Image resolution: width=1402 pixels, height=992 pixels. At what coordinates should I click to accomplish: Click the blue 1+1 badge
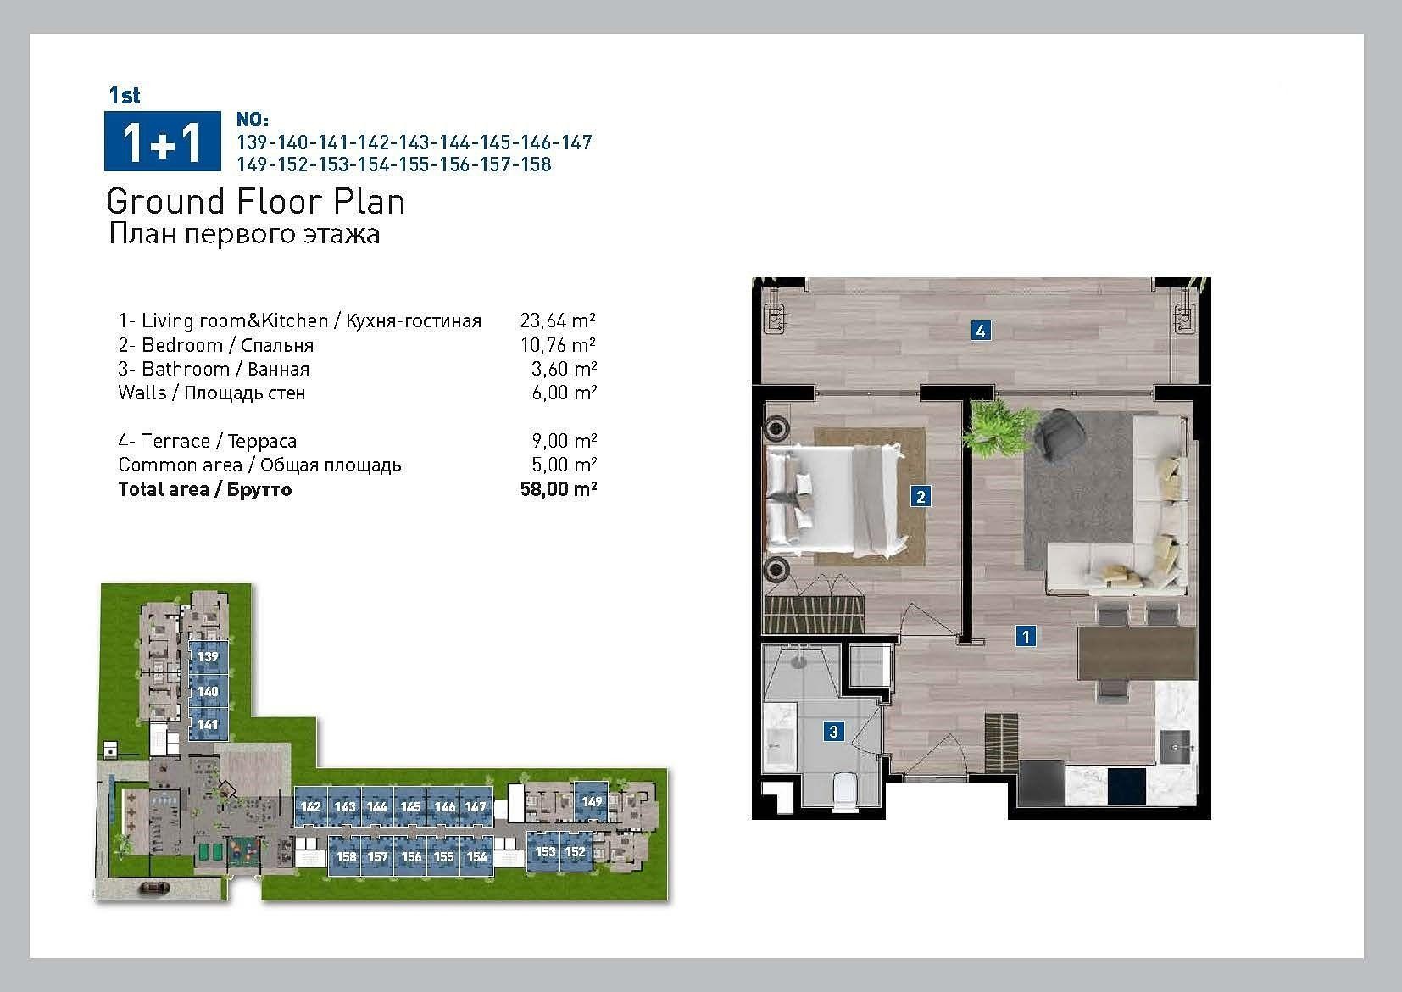pos(162,141)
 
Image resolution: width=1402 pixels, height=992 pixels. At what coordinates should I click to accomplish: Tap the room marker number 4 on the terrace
pos(980,330)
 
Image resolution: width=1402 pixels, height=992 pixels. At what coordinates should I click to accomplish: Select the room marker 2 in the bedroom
pos(920,496)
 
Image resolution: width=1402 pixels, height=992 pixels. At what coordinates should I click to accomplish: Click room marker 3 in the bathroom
pos(833,731)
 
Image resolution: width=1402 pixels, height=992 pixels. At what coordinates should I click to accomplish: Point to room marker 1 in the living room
pos(1025,637)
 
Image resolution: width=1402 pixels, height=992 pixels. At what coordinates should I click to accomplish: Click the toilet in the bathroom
pos(843,792)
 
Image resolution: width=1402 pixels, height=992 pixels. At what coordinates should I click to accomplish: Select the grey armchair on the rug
pos(1059,432)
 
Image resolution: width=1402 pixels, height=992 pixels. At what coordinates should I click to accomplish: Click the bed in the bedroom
pos(836,500)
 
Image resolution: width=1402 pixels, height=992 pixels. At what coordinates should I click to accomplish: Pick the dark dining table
pos(1137,654)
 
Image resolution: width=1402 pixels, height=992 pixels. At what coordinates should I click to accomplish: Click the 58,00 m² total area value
pos(559,489)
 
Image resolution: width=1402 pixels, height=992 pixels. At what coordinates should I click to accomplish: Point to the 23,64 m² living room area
pos(558,320)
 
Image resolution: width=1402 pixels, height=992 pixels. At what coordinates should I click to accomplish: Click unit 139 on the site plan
pos(208,656)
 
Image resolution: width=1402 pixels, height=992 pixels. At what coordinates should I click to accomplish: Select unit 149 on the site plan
pos(592,801)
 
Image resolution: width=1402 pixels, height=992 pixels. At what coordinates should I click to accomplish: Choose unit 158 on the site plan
pos(346,856)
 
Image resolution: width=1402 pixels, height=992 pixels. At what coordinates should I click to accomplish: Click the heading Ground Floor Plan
pos(256,202)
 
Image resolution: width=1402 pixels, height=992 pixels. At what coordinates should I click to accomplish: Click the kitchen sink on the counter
pos(1175,747)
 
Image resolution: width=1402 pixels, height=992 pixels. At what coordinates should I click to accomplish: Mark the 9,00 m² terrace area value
pos(564,441)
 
